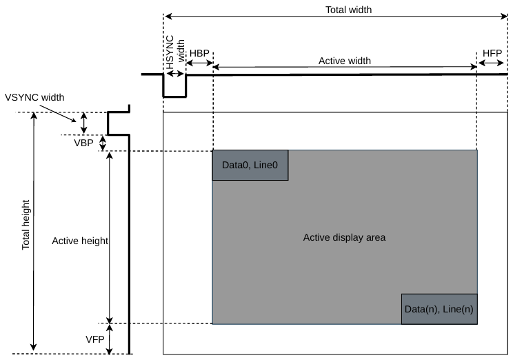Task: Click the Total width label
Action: click(348, 10)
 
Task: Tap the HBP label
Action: click(199, 53)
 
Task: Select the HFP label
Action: click(492, 53)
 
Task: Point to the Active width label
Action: click(345, 61)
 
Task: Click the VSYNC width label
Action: click(34, 97)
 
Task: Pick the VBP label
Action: click(83, 143)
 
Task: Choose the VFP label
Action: click(95, 339)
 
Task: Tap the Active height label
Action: click(80, 241)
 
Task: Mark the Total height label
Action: click(26, 225)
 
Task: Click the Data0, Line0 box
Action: click(250, 166)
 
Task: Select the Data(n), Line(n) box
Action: click(439, 309)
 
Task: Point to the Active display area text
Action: click(344, 237)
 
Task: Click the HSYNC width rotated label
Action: click(174, 52)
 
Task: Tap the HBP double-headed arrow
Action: click(199, 63)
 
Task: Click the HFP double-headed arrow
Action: click(491, 63)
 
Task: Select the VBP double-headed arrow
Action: click(103, 143)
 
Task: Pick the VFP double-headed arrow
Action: click(109, 339)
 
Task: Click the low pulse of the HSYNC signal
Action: click(174, 97)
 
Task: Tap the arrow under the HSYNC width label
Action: click(175, 74)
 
